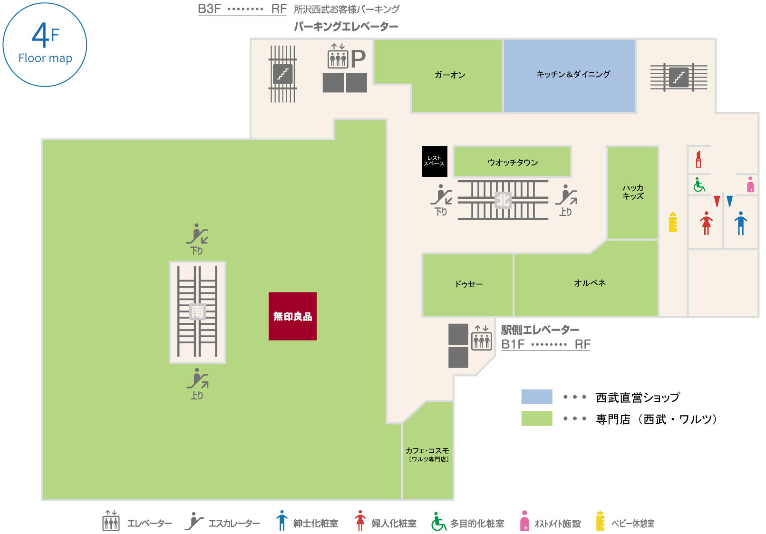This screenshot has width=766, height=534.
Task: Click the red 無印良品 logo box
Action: pos(292,316)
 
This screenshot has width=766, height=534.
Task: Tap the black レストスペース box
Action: pos(435,161)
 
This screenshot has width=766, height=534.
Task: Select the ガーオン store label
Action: pos(450,75)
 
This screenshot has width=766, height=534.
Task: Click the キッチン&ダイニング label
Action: pos(573,74)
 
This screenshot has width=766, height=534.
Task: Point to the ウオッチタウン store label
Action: pos(513,163)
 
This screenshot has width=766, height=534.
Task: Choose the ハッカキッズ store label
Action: pos(633,192)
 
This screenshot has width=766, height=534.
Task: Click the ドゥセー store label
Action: pos(469,284)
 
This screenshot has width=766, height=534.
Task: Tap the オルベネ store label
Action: pos(590,283)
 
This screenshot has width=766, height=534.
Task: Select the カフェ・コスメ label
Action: pos(427,451)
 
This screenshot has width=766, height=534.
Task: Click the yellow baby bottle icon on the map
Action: pos(673,222)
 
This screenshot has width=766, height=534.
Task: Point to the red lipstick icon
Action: pos(698,159)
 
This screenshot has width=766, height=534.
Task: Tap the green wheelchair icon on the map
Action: pos(699,185)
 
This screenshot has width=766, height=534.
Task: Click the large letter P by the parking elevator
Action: pos(358,59)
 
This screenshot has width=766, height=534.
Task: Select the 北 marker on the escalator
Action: pos(503,200)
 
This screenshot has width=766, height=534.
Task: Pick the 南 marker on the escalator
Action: pos(197,312)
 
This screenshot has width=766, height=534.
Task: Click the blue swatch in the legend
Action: pos(536,397)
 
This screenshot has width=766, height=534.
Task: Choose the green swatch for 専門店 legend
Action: pos(536,418)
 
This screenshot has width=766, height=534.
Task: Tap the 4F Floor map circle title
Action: pos(45,45)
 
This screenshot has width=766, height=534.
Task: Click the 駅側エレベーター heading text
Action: pos(540,330)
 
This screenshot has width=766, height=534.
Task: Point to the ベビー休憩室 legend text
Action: pos(633,524)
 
